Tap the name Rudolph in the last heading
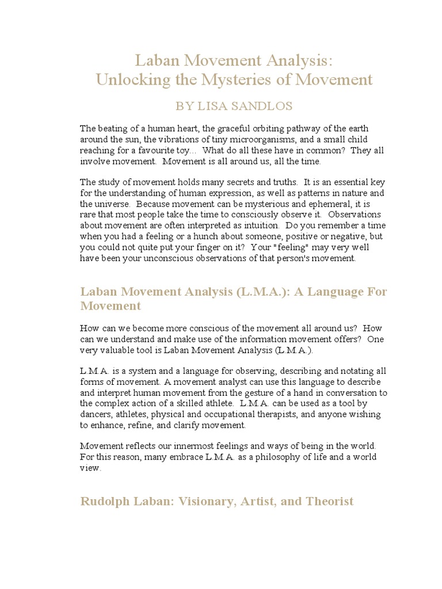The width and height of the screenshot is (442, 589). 105,502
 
